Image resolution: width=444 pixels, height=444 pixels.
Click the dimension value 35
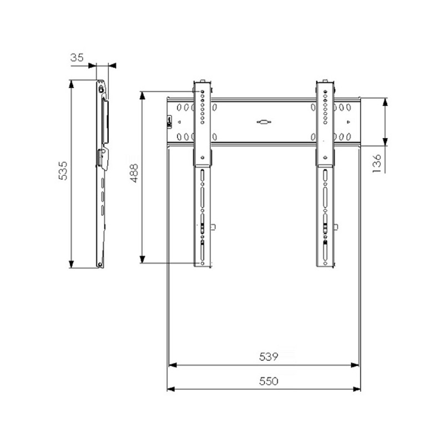click(x=77, y=58)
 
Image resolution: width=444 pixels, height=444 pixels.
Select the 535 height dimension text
click(x=63, y=171)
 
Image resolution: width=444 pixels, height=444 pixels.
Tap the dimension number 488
click(x=134, y=173)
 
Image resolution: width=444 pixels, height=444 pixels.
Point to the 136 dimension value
click(x=377, y=164)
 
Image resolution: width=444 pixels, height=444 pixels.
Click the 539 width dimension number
click(x=269, y=357)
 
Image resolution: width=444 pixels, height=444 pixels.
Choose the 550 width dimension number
click(x=269, y=381)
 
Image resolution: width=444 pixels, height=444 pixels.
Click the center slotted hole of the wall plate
click(x=264, y=122)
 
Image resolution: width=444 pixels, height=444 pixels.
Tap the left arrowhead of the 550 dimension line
click(x=171, y=390)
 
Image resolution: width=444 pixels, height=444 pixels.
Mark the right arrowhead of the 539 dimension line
click(x=355, y=365)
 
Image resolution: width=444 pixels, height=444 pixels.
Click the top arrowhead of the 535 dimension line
click(x=72, y=84)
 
